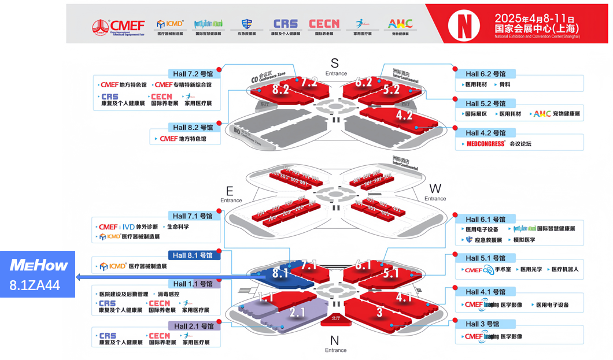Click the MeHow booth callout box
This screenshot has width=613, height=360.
38,274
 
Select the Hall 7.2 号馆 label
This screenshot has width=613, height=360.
193,74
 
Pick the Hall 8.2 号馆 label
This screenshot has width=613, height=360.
193,127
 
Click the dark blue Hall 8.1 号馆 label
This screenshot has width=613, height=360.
193,255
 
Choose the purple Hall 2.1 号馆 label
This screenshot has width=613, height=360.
193,326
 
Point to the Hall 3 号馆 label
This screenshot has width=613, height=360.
485,324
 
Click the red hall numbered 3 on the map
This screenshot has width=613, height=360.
379,313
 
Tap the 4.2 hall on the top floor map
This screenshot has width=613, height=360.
404,116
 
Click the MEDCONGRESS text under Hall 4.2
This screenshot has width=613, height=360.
486,144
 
